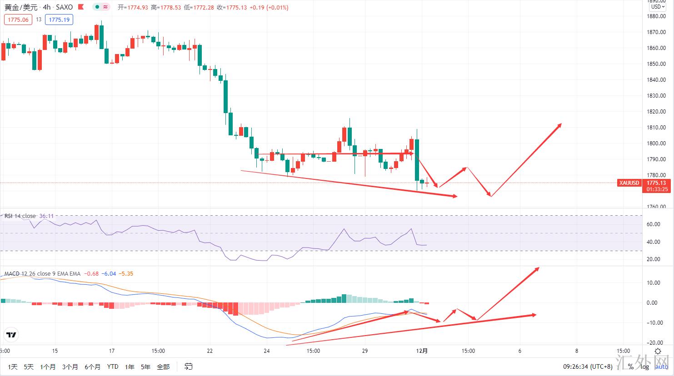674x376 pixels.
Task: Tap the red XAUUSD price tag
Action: tap(629, 183)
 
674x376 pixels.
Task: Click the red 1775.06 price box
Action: tap(18, 20)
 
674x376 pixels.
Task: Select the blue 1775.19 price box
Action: tap(59, 20)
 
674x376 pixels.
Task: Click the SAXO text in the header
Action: tap(64, 7)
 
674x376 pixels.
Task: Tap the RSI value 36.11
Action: tap(46, 216)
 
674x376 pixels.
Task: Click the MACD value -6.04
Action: tap(109, 274)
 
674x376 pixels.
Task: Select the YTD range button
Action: tap(113, 366)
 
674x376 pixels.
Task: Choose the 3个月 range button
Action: tap(70, 366)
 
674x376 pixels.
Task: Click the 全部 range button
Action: tap(163, 366)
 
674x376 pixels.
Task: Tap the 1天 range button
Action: tap(13, 366)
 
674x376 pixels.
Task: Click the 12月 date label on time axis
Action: tap(422, 351)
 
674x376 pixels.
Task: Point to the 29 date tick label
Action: tap(365, 351)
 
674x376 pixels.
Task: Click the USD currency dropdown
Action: tap(657, 7)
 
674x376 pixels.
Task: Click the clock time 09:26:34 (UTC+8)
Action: tap(588, 366)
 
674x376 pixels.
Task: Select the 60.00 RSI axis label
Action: tap(653, 224)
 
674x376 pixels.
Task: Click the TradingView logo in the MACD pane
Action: tap(11, 335)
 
